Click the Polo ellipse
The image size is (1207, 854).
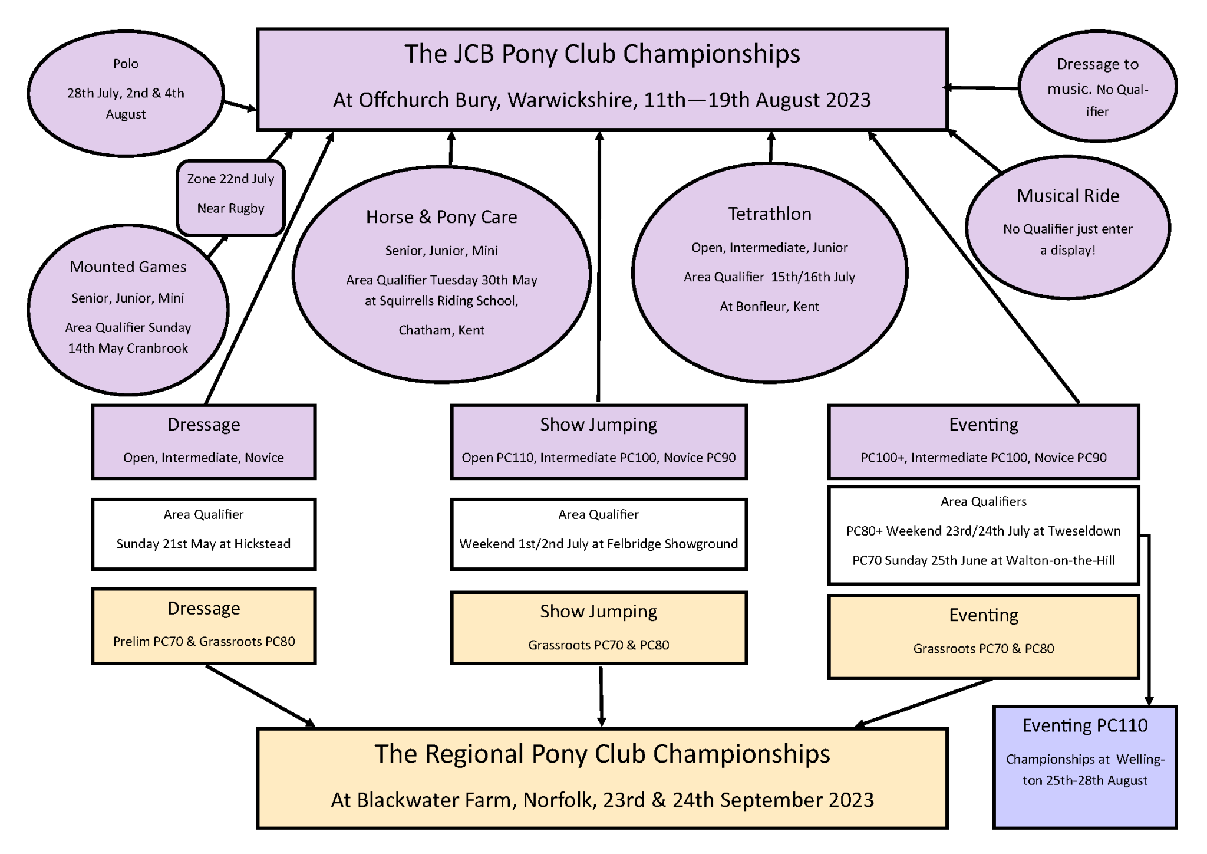point(126,93)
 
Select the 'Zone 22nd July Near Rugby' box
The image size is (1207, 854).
point(230,198)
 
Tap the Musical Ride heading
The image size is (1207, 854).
point(1067,196)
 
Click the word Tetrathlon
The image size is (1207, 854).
point(769,213)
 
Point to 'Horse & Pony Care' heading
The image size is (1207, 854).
point(441,217)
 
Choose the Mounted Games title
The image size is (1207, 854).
point(128,267)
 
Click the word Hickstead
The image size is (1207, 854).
point(262,544)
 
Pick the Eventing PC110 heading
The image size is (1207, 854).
point(1085,725)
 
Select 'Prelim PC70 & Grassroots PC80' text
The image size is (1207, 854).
point(204,642)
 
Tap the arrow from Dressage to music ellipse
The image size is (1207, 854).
point(980,88)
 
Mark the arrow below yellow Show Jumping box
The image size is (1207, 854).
point(601,697)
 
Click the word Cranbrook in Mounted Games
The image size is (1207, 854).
point(157,349)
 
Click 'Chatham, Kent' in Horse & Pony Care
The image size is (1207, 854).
point(441,330)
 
